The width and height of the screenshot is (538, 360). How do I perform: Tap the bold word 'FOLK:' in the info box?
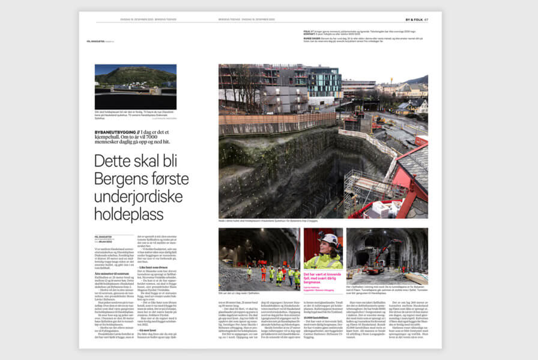click(x=307, y=29)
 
